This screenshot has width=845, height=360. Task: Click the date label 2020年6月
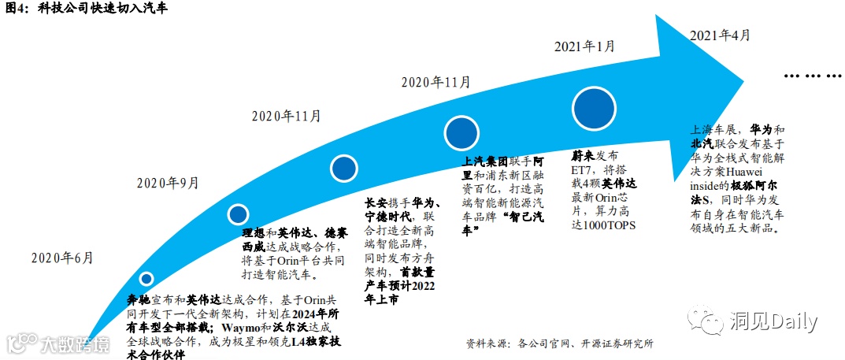tap(62, 258)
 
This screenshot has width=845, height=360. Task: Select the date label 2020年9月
tap(168, 183)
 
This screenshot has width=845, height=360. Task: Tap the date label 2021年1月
tap(584, 46)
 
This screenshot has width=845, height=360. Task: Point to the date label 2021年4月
tap(719, 35)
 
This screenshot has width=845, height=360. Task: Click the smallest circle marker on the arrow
tap(146, 278)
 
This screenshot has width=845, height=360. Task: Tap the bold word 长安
tap(376, 201)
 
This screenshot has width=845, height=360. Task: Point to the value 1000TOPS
tap(609, 225)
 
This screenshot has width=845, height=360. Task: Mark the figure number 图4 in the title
tap(15, 9)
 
